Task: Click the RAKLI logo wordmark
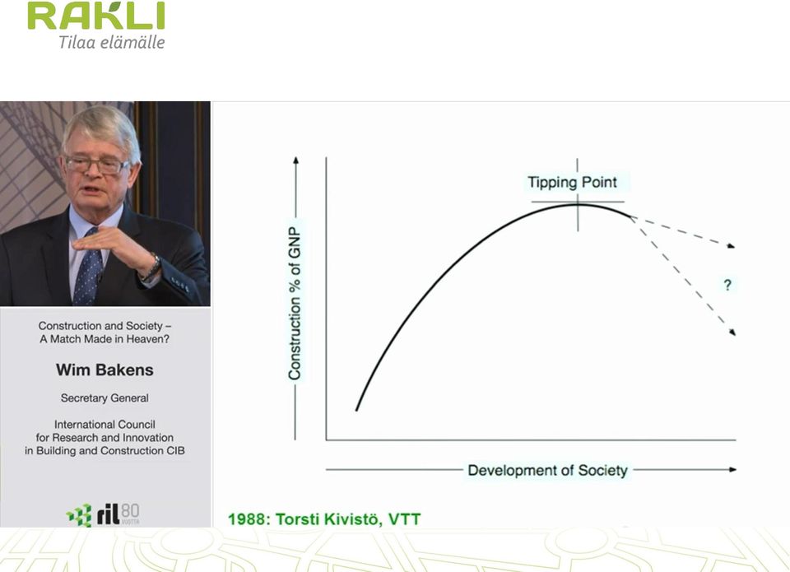click(95, 16)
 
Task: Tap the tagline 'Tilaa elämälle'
click(112, 42)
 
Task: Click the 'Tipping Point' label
click(572, 182)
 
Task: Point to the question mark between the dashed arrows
click(727, 286)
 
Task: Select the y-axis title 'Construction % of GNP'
click(295, 303)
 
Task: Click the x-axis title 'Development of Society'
click(548, 470)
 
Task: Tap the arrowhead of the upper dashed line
click(731, 245)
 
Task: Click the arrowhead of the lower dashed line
click(732, 332)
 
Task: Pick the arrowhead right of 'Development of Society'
click(732, 470)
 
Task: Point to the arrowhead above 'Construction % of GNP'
click(295, 160)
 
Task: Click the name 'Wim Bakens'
click(105, 370)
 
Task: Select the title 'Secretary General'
click(105, 398)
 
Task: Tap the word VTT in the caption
click(404, 519)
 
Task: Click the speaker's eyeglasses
click(98, 165)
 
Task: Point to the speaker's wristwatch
click(152, 267)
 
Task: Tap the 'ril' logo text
click(109, 515)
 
